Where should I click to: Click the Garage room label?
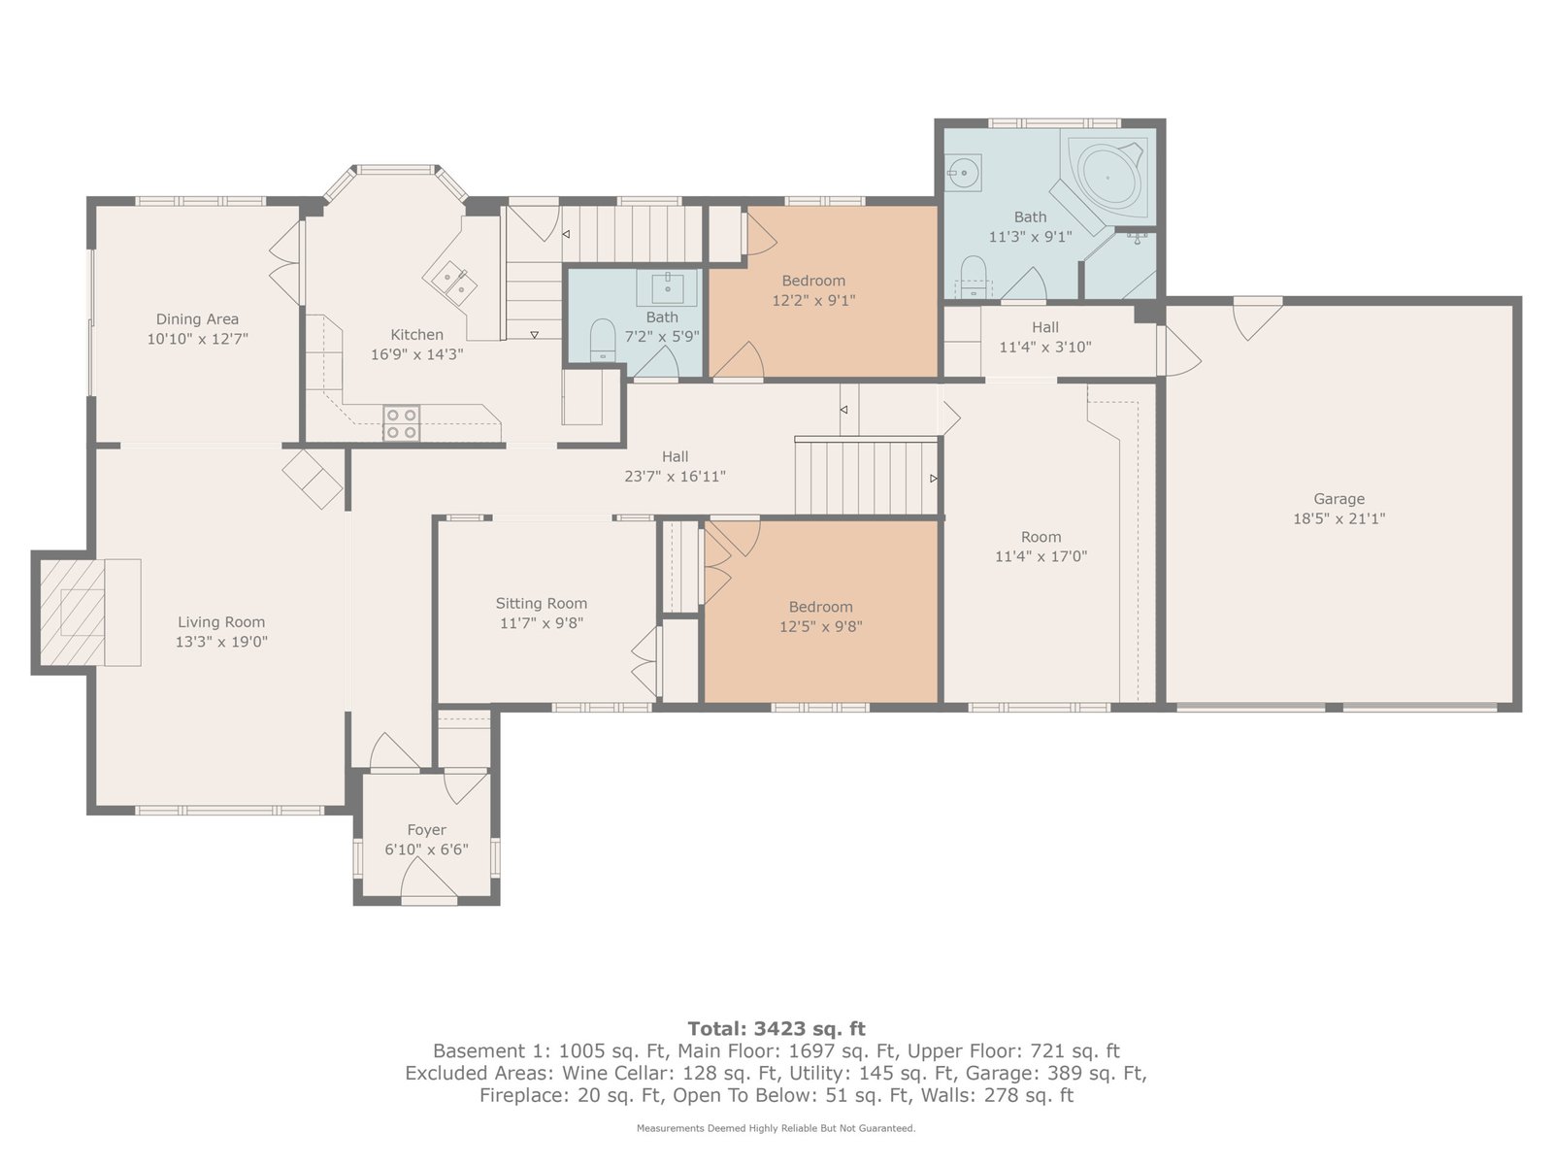click(1338, 499)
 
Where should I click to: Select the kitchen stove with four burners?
click(401, 423)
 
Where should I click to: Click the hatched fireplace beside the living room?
click(72, 613)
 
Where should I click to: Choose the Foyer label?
click(427, 830)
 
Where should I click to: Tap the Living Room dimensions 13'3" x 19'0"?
click(221, 642)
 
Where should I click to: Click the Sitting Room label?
click(542, 603)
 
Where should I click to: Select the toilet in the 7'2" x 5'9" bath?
click(602, 340)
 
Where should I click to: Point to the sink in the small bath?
click(668, 287)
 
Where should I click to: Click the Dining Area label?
click(197, 319)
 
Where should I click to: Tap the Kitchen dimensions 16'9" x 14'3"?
click(416, 353)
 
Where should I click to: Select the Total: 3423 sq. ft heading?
click(776, 1028)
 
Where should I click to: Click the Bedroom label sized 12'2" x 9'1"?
click(813, 281)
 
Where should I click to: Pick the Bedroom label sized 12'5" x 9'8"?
click(821, 607)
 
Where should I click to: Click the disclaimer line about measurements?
click(776, 1128)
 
